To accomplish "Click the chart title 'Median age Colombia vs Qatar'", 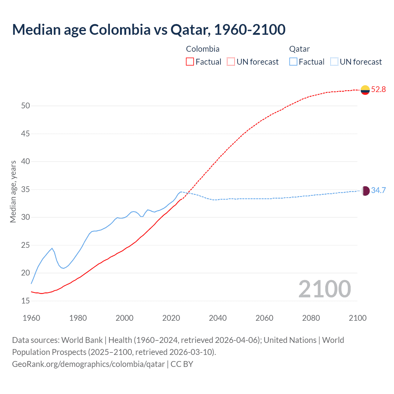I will tap(149, 30).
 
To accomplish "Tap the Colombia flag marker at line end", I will tap(365, 90).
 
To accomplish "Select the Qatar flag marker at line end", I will tap(365, 191).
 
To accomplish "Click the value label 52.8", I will tap(378, 90).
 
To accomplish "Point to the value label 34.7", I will tap(378, 191).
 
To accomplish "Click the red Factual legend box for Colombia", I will tap(190, 62).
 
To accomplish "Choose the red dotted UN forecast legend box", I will tap(231, 62).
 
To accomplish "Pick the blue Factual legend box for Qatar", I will tap(293, 62).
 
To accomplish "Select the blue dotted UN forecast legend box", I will tap(334, 62).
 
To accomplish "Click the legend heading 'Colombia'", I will tap(203, 49).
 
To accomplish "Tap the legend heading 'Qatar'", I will tap(299, 49).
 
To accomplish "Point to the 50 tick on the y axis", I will tap(26, 106).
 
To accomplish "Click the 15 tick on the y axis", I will tap(26, 301).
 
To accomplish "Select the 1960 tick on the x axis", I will tap(31, 318).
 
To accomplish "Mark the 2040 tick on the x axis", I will tap(218, 318).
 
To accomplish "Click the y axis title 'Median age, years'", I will tap(13, 191).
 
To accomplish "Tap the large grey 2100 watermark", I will tap(324, 289).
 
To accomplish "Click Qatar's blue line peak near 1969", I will tap(52, 248).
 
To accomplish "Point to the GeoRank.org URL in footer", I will tap(88, 364).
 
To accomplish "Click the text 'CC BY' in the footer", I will tap(182, 364).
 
